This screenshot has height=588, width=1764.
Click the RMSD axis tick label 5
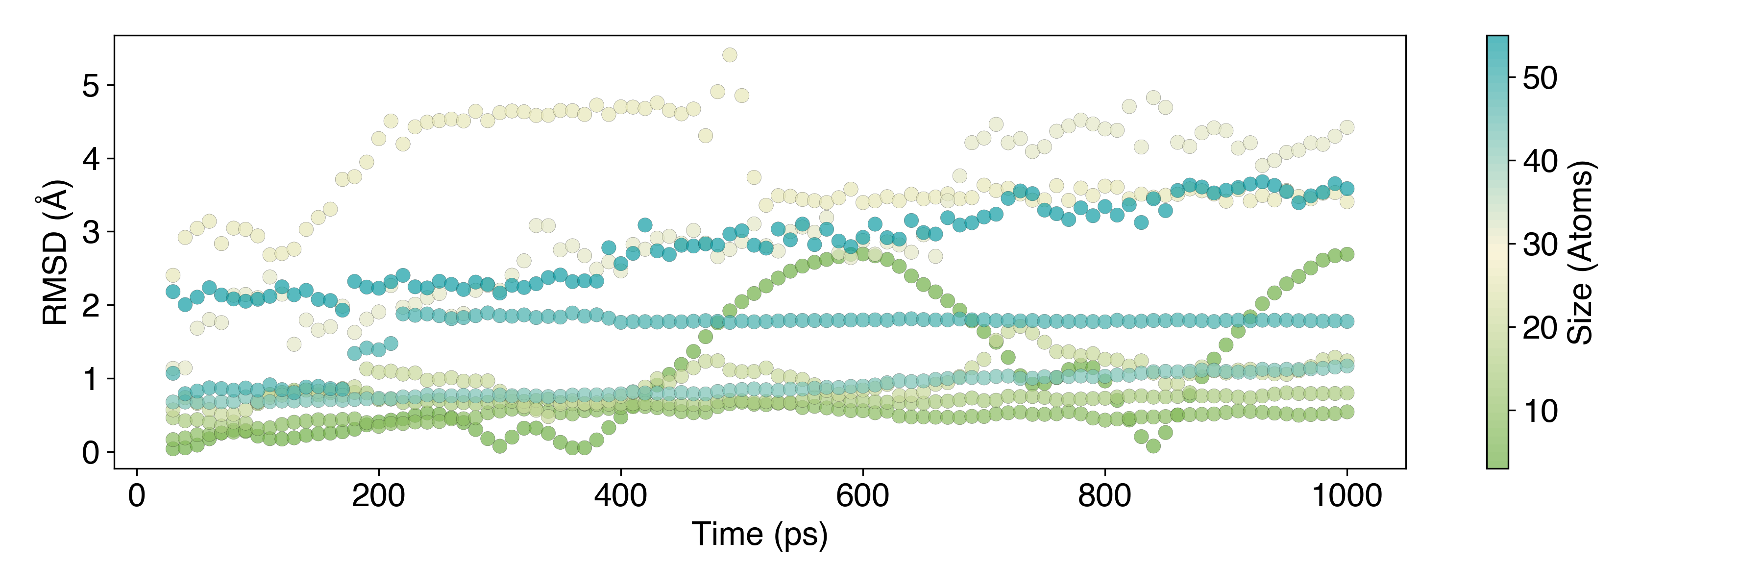click(90, 86)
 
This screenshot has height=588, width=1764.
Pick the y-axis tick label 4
click(90, 159)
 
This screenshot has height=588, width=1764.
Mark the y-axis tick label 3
click(90, 233)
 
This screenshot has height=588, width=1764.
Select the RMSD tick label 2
click(90, 306)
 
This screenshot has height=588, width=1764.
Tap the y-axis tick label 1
click(90, 379)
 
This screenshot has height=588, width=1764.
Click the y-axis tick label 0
click(90, 452)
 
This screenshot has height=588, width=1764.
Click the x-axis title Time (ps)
click(759, 535)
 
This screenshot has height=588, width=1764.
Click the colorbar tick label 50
click(1540, 78)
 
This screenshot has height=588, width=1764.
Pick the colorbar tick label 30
click(1540, 245)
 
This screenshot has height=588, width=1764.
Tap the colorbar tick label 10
click(1540, 411)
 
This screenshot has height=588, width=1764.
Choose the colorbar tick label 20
click(1540, 328)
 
